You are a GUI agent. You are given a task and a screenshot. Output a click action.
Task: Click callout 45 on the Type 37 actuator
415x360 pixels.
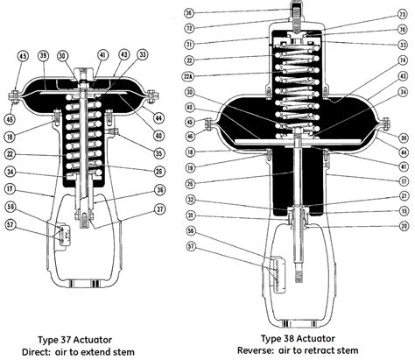pos(23,57)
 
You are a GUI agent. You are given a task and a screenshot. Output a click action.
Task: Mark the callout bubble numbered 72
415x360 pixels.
pos(189,28)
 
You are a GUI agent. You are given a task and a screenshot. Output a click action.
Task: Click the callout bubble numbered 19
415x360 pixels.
pos(189,164)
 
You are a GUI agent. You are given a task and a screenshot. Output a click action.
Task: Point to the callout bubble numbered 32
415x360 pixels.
pos(189,200)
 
